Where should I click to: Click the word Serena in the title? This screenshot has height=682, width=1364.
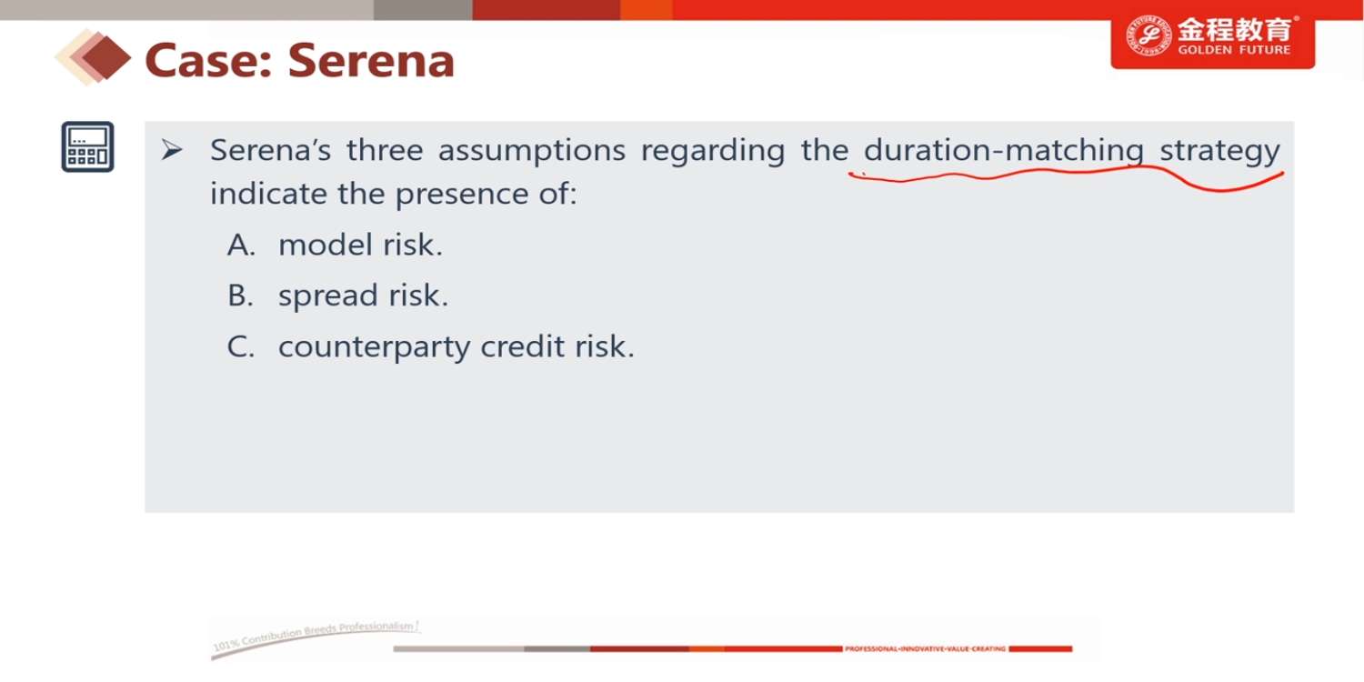point(371,60)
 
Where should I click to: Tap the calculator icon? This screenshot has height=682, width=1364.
point(87,146)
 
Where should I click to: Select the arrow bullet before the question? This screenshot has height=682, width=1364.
point(172,150)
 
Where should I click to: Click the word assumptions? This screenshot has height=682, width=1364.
point(532,151)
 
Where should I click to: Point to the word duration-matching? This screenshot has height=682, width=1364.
point(1004,151)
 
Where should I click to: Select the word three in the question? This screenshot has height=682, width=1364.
point(385,150)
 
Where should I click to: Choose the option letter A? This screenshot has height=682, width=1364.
point(241,245)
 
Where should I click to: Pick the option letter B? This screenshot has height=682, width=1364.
point(240,296)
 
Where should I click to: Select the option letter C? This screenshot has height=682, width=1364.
point(241,346)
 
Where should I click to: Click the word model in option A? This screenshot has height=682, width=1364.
point(326,245)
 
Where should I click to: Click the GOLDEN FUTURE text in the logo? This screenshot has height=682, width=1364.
point(1234,50)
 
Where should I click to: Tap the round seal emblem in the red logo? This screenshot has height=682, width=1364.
point(1148,36)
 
